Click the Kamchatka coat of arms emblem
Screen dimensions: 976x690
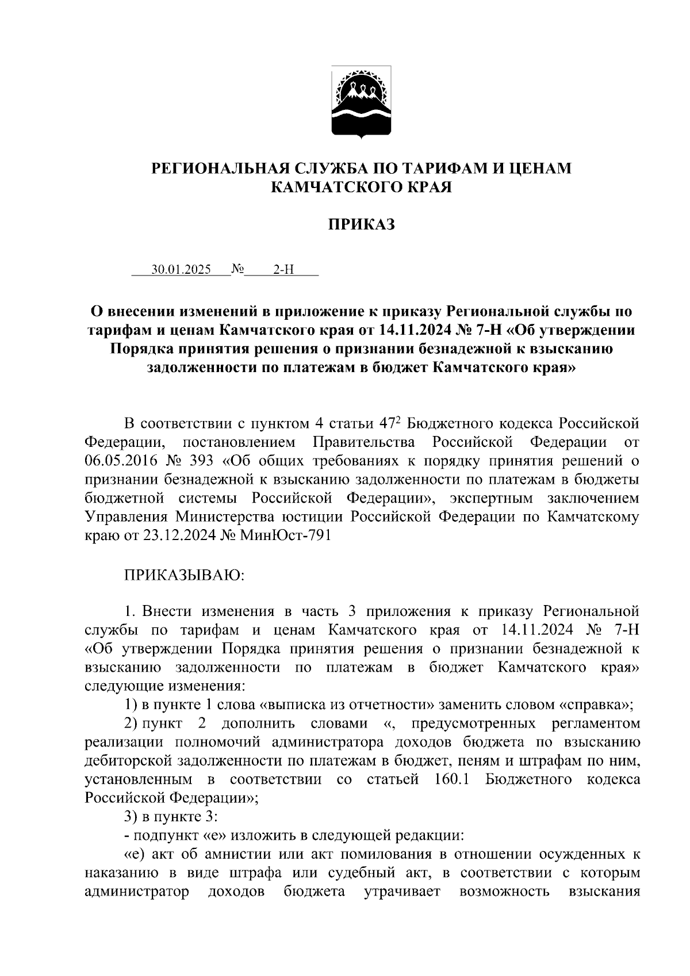coord(361,102)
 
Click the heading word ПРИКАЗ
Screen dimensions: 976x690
coord(361,225)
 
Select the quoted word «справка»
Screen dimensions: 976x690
coord(596,705)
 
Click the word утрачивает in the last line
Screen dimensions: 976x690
coord(402,892)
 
